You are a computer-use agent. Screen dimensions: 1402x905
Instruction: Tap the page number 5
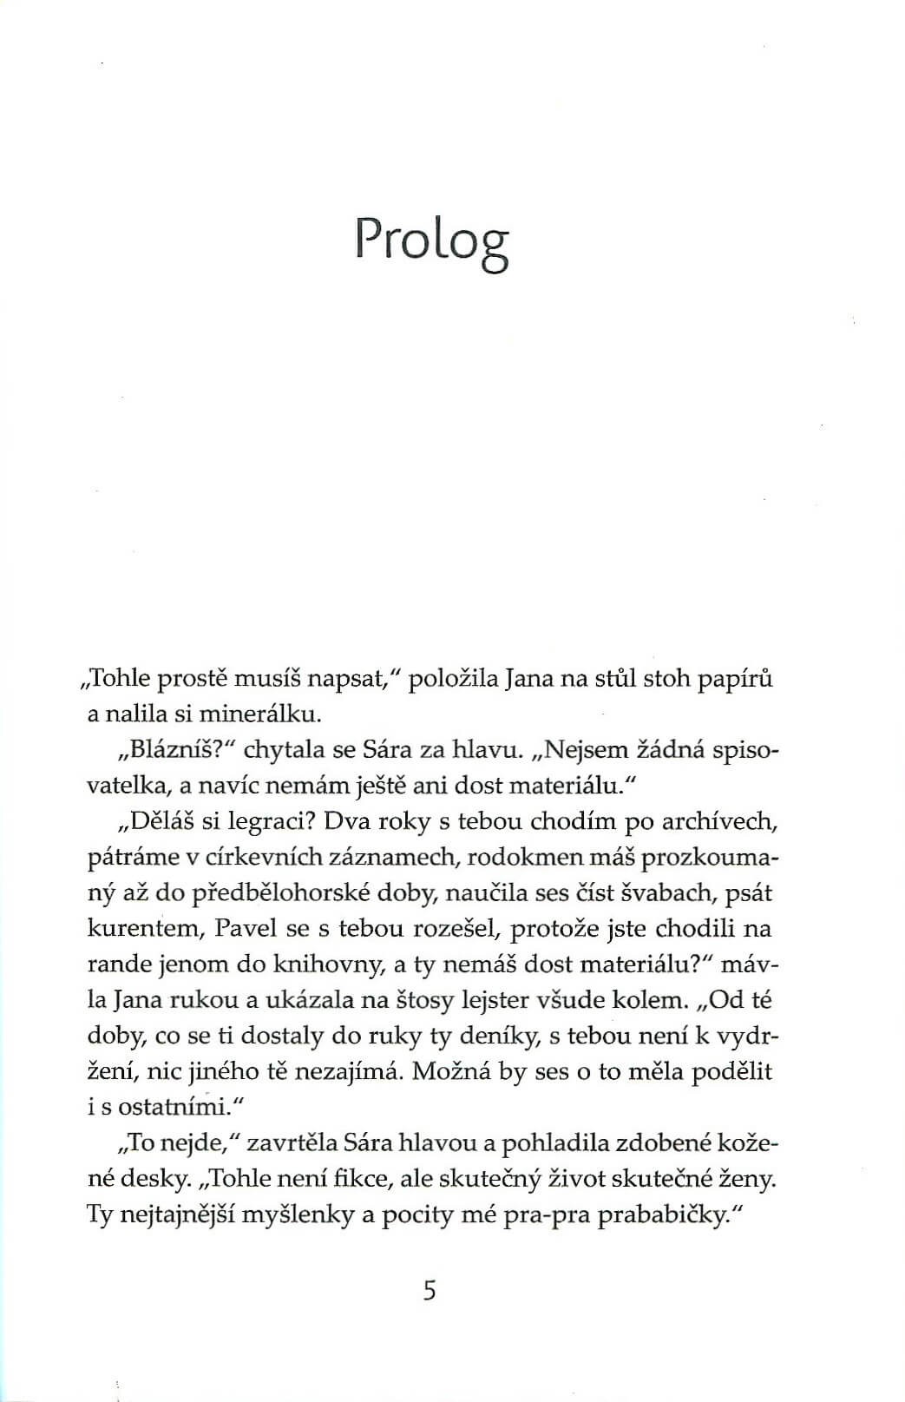tap(429, 1291)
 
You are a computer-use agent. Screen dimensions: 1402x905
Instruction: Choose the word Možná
tap(451, 1071)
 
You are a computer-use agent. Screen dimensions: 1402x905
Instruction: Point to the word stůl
tap(615, 680)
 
